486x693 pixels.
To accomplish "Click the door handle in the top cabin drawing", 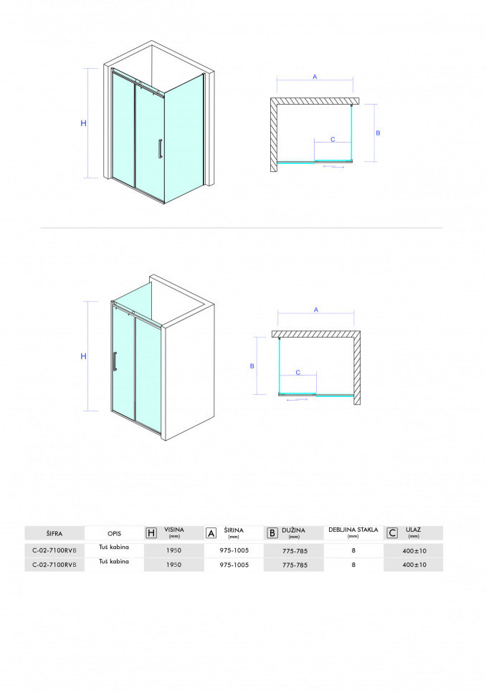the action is pyautogui.click(x=160, y=148).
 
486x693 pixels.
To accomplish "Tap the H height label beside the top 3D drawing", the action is pyautogui.click(x=84, y=123).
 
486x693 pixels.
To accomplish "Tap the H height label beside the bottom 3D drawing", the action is pyautogui.click(x=84, y=356).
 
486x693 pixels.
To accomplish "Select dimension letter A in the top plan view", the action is pyautogui.click(x=315, y=77).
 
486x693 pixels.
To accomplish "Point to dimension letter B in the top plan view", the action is pyautogui.click(x=378, y=133).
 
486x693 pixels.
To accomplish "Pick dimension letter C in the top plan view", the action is pyautogui.click(x=333, y=140).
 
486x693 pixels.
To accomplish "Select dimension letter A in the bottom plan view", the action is pyautogui.click(x=315, y=310).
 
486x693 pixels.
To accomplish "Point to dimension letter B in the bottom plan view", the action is pyautogui.click(x=252, y=366).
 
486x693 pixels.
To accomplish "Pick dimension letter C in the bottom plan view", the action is pyautogui.click(x=297, y=373).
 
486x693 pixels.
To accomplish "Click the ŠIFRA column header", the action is pyautogui.click(x=54, y=534).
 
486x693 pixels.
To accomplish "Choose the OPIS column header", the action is pyautogui.click(x=114, y=534).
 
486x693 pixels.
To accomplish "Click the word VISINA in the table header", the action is pyautogui.click(x=173, y=530).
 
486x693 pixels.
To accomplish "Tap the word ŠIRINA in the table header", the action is pyautogui.click(x=234, y=530).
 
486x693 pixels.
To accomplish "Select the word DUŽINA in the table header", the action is pyautogui.click(x=294, y=530).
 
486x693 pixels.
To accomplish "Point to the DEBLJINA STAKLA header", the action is pyautogui.click(x=353, y=530).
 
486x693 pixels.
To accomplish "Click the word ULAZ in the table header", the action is pyautogui.click(x=413, y=530).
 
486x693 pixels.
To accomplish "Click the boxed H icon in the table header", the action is pyautogui.click(x=151, y=533).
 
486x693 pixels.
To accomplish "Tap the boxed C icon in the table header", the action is pyautogui.click(x=392, y=533).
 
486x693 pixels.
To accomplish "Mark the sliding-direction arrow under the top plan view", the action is pyautogui.click(x=333, y=166).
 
